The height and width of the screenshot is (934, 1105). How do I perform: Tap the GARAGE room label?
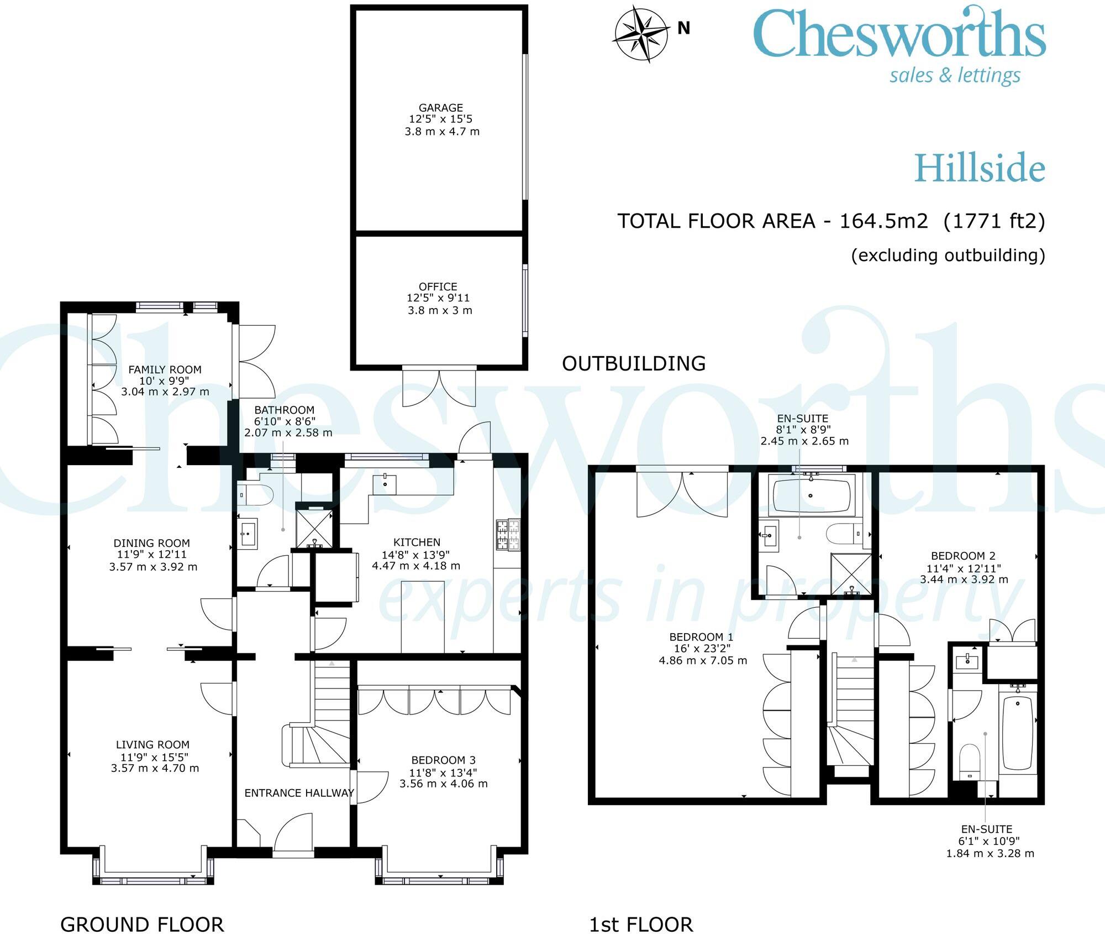(441, 108)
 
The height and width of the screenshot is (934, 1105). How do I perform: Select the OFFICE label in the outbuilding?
(438, 286)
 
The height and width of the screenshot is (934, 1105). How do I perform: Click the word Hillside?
(980, 168)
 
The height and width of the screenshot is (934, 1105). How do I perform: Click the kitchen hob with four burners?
(508, 535)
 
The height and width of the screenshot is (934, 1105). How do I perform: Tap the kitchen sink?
(385, 484)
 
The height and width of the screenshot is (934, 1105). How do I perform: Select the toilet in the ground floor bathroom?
(255, 494)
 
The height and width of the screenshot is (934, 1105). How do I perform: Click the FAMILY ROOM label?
(165, 369)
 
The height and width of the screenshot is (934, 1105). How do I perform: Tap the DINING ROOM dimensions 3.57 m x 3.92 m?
(153, 567)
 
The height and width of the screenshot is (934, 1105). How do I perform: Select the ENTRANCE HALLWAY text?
(299, 793)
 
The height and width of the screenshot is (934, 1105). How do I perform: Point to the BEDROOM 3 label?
(444, 760)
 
